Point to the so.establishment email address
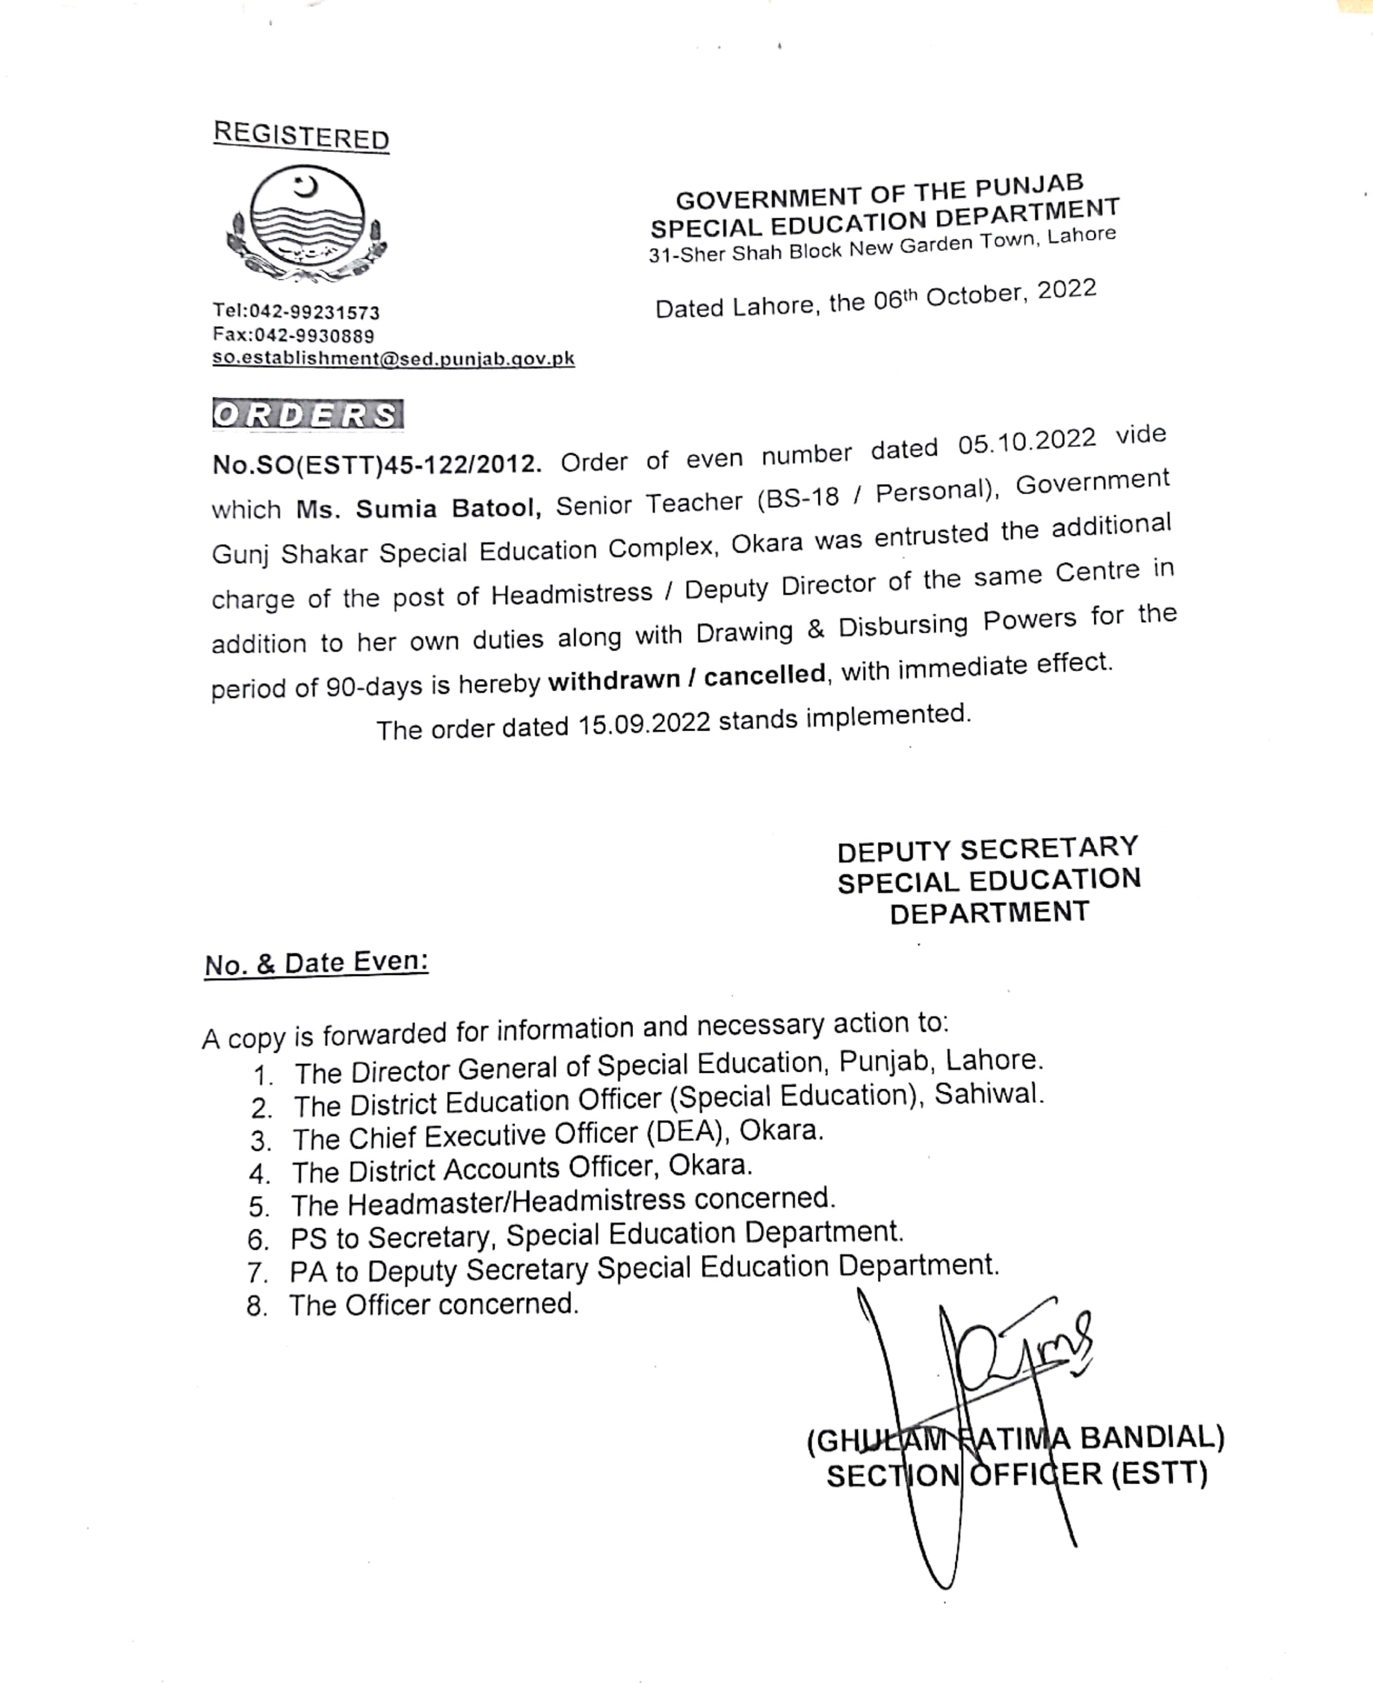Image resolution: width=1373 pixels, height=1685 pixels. (393, 358)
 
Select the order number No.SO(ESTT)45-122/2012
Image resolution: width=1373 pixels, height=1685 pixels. (377, 464)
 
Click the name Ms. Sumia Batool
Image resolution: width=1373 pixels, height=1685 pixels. (418, 508)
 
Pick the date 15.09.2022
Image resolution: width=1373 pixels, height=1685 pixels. (644, 724)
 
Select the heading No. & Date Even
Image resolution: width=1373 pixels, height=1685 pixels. (317, 963)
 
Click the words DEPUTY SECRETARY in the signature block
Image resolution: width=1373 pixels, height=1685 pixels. (988, 849)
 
